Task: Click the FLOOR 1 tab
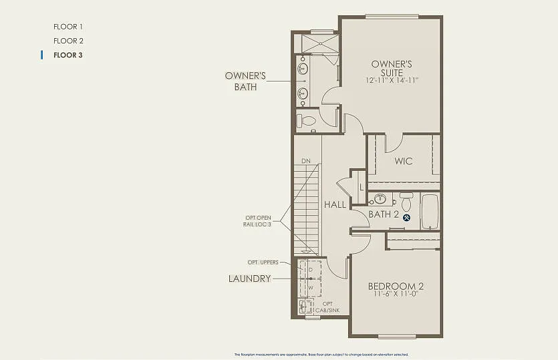[x=68, y=27]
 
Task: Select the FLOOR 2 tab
[x=68, y=41]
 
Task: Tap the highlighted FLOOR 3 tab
[x=68, y=55]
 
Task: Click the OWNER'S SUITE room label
[x=392, y=67]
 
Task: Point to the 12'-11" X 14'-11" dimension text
[x=392, y=80]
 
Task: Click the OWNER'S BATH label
[x=245, y=81]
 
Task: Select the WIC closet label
[x=403, y=161]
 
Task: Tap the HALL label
[x=335, y=204]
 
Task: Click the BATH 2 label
[x=384, y=214]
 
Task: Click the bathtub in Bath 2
[x=430, y=211]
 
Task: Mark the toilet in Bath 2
[x=406, y=201]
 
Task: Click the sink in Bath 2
[x=380, y=198]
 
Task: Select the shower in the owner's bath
[x=320, y=43]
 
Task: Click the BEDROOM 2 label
[x=396, y=287]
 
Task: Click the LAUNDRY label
[x=249, y=279]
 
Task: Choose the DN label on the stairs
[x=306, y=161]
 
